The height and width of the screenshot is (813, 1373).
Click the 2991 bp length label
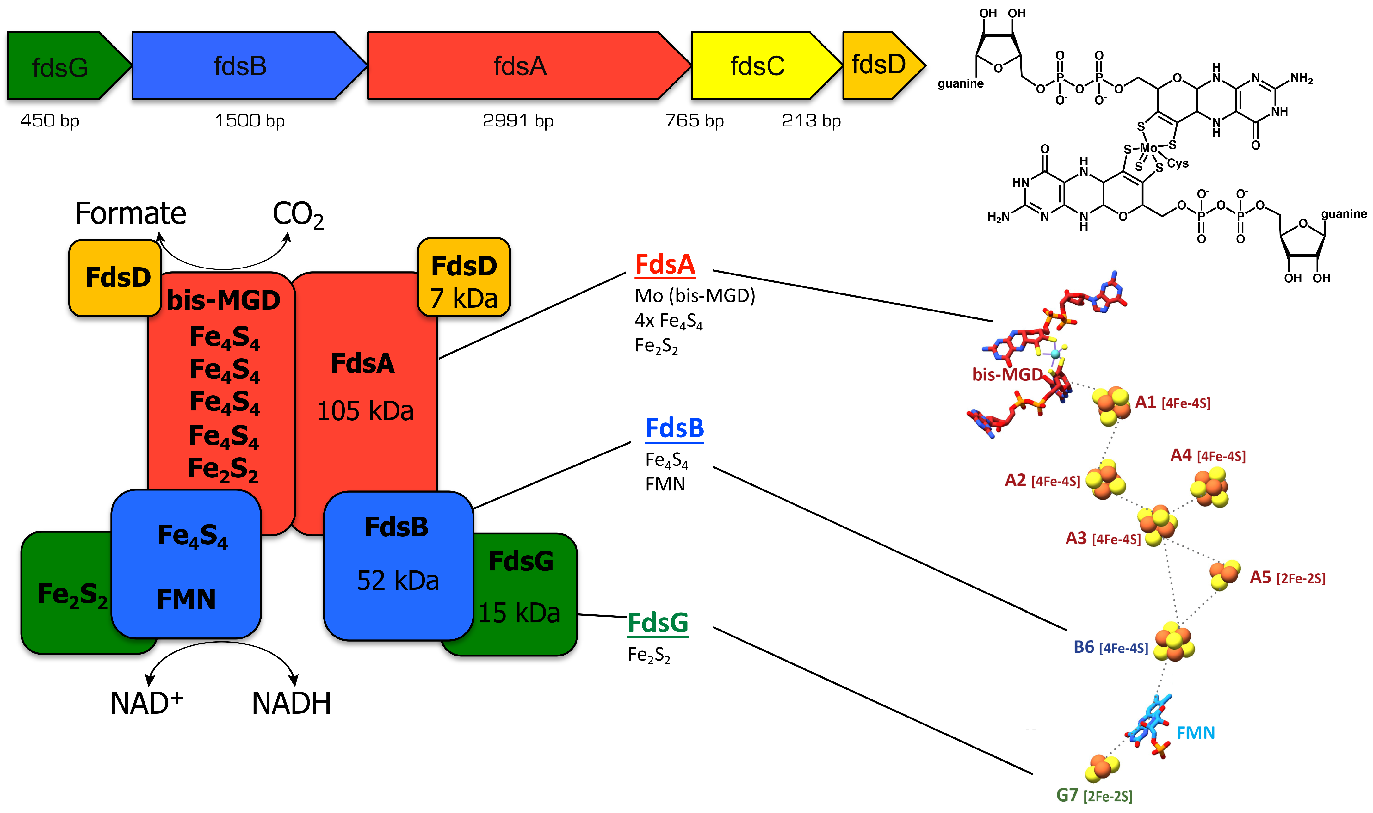pos(518,120)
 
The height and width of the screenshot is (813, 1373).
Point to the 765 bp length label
pos(694,120)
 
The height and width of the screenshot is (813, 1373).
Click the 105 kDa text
pos(365,411)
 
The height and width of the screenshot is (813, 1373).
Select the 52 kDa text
pos(398,581)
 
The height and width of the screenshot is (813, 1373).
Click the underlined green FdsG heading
pos(658,623)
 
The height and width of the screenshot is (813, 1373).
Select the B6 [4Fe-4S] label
pos(1110,648)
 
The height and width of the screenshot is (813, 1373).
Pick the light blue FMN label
pos(1196,733)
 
